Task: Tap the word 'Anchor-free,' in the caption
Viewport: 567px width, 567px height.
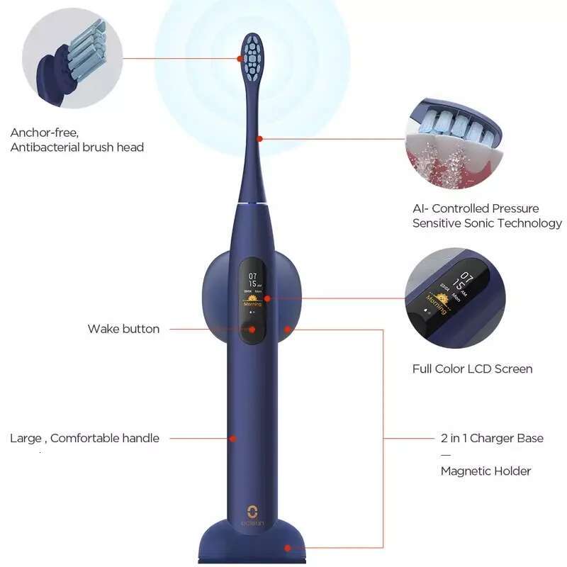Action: pyautogui.click(x=44, y=133)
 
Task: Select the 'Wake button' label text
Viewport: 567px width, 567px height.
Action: pyautogui.click(x=123, y=329)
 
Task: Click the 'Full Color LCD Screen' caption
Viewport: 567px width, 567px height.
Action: pyautogui.click(x=472, y=369)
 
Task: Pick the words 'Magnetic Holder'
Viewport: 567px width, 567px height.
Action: pyautogui.click(x=485, y=471)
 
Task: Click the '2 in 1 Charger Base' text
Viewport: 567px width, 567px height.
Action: pyautogui.click(x=492, y=438)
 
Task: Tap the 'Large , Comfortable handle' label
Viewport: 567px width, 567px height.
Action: pyautogui.click(x=84, y=438)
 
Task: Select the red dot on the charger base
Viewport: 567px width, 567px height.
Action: pyautogui.click(x=288, y=547)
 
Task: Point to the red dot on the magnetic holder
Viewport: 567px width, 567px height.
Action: pyautogui.click(x=288, y=329)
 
